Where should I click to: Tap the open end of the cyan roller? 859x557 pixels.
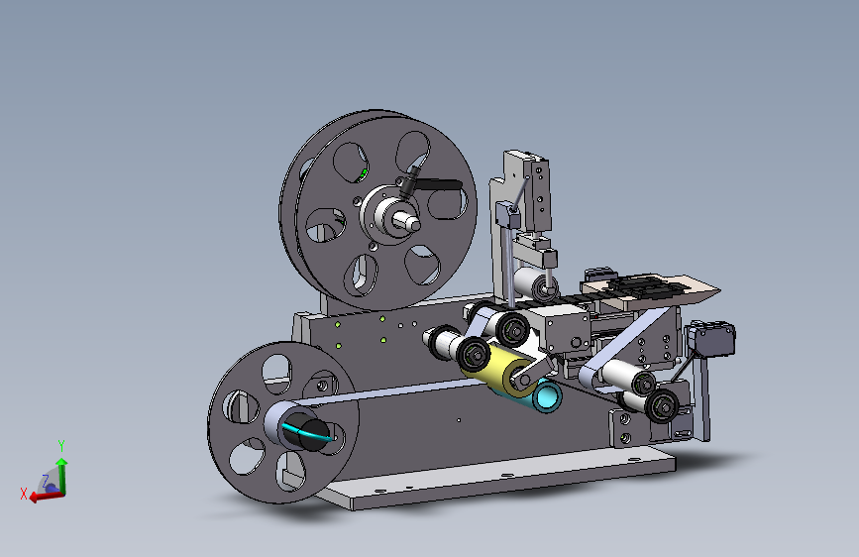pyautogui.click(x=548, y=396)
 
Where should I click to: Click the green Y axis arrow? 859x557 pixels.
pyautogui.click(x=61, y=475)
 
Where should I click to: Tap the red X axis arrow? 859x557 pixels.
pyautogui.click(x=46, y=496)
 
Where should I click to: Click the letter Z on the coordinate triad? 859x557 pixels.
pyautogui.click(x=46, y=481)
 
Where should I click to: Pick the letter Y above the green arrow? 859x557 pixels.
pyautogui.click(x=61, y=445)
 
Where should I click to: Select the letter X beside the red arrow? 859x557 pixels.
pyautogui.click(x=24, y=494)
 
